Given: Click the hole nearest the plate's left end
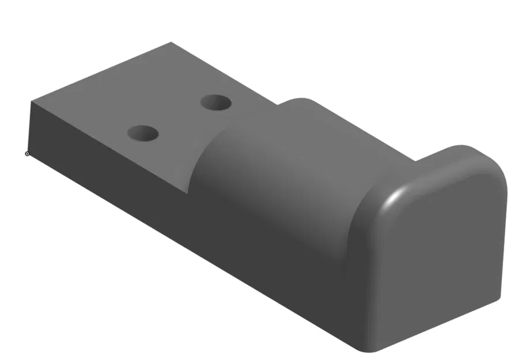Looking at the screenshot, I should tap(142, 134).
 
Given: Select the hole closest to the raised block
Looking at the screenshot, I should tap(216, 103).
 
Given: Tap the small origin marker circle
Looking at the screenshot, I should tap(27, 153).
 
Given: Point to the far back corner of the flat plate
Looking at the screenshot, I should tap(171, 43).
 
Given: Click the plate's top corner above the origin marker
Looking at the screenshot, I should tap(31, 102).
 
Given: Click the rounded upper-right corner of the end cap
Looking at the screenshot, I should tap(496, 164).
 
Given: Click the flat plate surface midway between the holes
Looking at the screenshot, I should tap(179, 119).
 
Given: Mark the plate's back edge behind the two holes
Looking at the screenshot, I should tap(225, 72).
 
